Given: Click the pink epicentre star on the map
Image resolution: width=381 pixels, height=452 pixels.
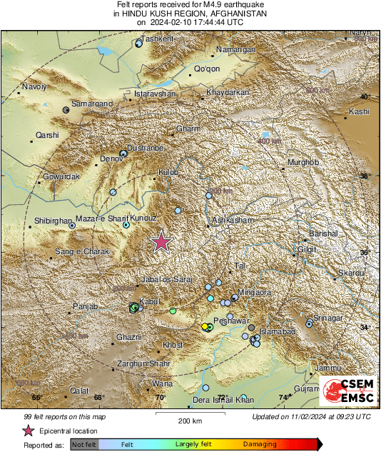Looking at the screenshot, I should click(162, 242).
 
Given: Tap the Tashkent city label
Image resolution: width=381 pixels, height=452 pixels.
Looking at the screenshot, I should click(158, 39).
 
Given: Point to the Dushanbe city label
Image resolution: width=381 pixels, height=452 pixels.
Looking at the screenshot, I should click(146, 146).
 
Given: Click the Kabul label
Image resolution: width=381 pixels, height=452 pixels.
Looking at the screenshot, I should click(149, 302).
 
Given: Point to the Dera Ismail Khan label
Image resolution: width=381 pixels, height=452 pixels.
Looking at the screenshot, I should click(224, 398).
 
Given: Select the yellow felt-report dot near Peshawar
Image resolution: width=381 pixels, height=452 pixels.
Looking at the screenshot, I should click(205, 326).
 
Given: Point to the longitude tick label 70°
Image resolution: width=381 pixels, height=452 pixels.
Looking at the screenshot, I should click(161, 398).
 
